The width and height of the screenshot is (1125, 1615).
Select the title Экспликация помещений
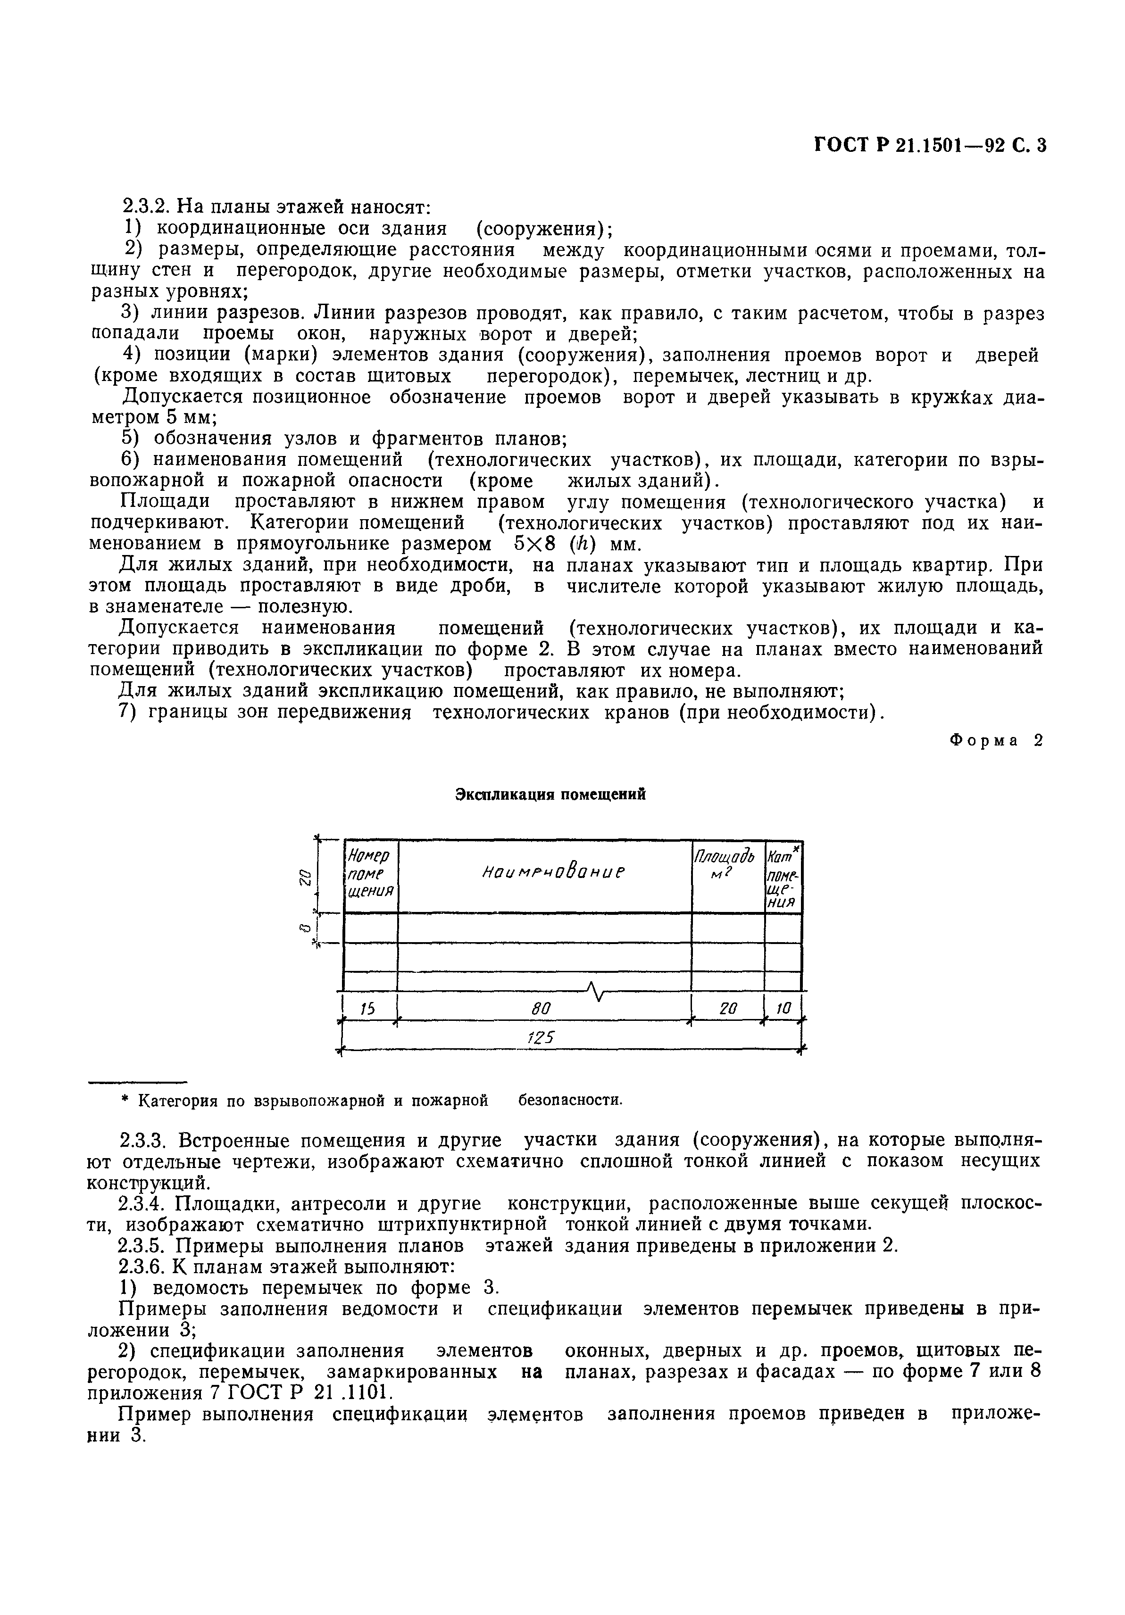[x=550, y=794]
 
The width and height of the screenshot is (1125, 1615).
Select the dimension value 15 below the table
[x=368, y=1009]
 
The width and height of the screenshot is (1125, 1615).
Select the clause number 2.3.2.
[x=145, y=207]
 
